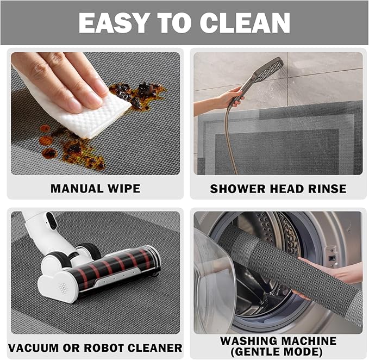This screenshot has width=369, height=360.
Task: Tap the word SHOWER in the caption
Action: [236, 189]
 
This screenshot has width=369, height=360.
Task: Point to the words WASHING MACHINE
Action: [278, 341]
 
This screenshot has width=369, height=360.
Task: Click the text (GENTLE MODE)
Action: [278, 352]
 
